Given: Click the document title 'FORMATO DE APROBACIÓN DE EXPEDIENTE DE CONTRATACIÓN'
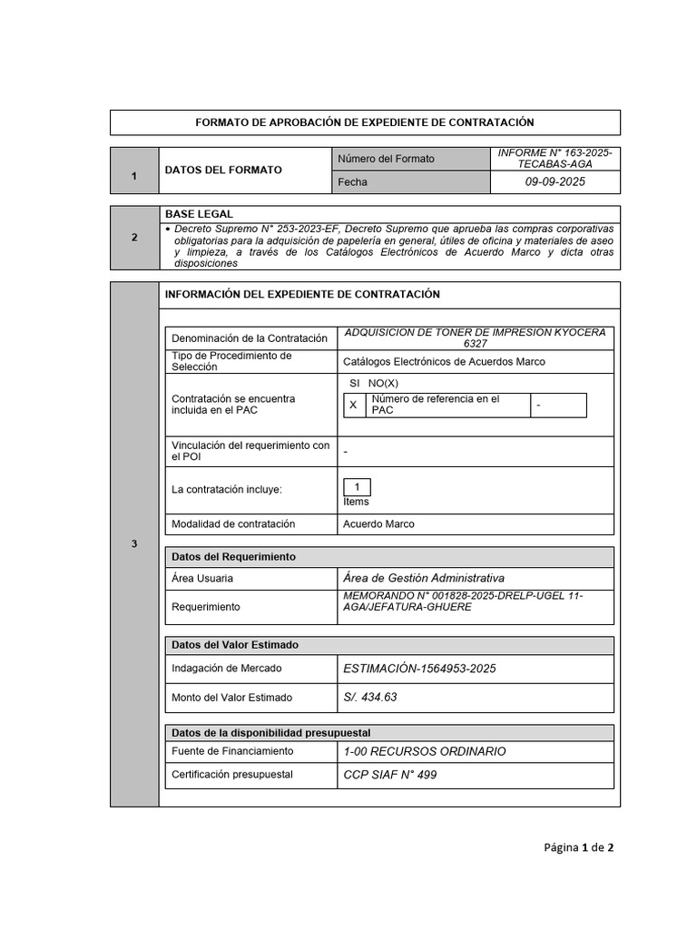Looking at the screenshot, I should tap(365, 122).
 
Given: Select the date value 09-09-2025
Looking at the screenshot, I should tap(555, 182).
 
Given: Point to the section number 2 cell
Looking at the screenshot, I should tap(134, 239).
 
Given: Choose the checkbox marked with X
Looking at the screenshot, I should tap(353, 406).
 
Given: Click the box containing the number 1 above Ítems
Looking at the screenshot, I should tap(357, 487).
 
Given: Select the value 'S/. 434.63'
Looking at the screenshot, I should tap(370, 698).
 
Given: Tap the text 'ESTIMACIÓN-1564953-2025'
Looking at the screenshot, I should tap(419, 669).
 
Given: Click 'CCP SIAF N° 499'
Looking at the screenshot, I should tap(389, 776).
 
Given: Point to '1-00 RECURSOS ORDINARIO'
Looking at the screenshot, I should tap(424, 751).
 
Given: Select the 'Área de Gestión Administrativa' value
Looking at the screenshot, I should tap(424, 578).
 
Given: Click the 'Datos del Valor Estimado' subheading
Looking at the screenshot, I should tap(235, 645).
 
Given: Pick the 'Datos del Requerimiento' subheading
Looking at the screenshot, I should tap(233, 556).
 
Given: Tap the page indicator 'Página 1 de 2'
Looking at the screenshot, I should tap(579, 847).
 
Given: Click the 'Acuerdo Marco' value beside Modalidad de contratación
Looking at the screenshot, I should tap(378, 524).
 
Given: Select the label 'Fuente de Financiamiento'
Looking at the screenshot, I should tap(232, 751).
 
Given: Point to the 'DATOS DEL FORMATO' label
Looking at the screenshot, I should tap(222, 170).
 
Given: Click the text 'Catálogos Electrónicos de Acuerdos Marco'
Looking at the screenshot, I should tap(444, 361).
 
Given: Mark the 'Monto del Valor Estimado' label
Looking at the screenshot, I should tap(231, 698).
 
